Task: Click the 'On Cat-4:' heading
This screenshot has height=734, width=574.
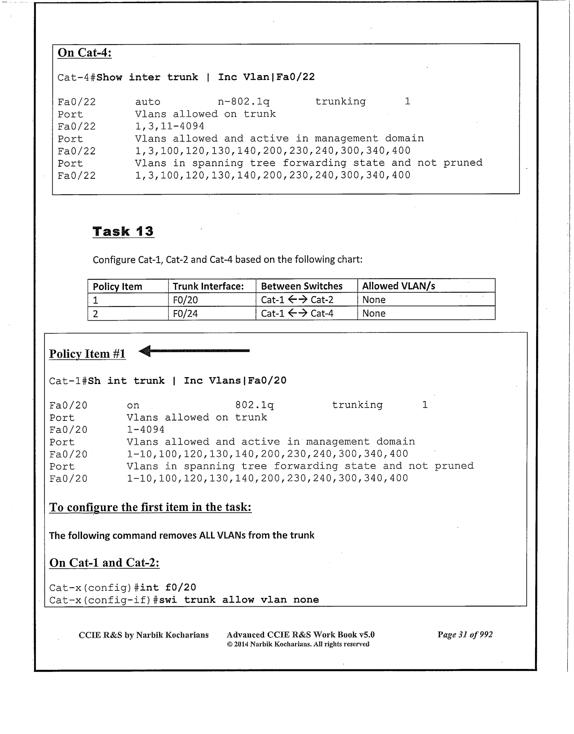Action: (84, 52)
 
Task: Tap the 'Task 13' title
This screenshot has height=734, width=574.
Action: (123, 231)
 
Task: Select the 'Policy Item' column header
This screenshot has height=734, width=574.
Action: (117, 286)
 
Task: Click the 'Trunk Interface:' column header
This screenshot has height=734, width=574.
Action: (208, 286)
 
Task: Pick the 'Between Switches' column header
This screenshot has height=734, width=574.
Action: (302, 286)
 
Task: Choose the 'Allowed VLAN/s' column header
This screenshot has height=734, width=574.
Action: (398, 286)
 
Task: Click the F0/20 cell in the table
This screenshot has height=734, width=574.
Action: (185, 300)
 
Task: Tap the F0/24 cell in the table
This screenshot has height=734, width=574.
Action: (185, 313)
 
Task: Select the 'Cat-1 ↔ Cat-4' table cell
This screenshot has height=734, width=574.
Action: (297, 313)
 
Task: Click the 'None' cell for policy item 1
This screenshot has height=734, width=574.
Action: (374, 300)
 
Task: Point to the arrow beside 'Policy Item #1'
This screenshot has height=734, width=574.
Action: (194, 351)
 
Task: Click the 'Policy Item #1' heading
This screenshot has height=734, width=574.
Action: (87, 353)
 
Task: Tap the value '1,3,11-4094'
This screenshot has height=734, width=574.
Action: (170, 126)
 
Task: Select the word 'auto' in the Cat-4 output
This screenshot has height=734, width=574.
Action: (147, 102)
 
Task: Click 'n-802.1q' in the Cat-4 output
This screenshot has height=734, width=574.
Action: (243, 102)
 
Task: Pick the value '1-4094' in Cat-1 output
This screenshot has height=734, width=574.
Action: (146, 429)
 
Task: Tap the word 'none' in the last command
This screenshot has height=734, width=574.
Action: (306, 600)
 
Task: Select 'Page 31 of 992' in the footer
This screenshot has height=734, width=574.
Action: (465, 635)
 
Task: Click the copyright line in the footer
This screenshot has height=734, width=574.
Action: (298, 644)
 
